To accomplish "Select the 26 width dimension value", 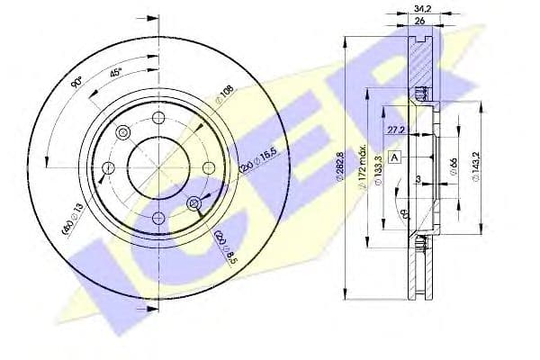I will (419, 22).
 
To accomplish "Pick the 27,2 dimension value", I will (395, 130).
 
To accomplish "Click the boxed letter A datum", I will (394, 157).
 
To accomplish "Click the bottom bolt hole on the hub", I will (158, 216).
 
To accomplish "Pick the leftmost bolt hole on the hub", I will (109, 167).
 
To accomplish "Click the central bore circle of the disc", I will (158, 167).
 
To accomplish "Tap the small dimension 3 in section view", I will (419, 180).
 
